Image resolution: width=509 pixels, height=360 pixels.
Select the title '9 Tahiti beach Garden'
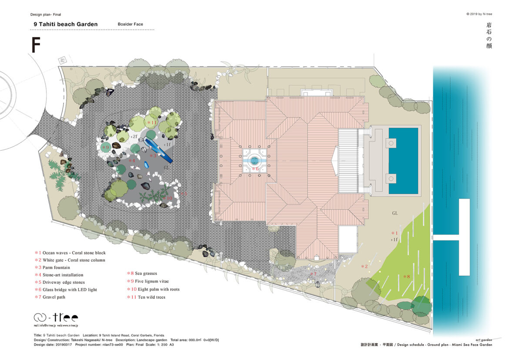click(x=66, y=24)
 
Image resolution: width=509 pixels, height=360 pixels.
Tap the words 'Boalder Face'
click(x=130, y=24)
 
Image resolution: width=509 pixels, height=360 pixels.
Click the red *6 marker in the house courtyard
click(x=255, y=168)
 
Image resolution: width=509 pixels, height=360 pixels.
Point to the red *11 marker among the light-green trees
click(x=151, y=123)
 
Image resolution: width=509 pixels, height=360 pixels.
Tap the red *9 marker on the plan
click(x=106, y=148)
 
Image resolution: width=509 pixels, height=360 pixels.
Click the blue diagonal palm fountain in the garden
click(x=159, y=151)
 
